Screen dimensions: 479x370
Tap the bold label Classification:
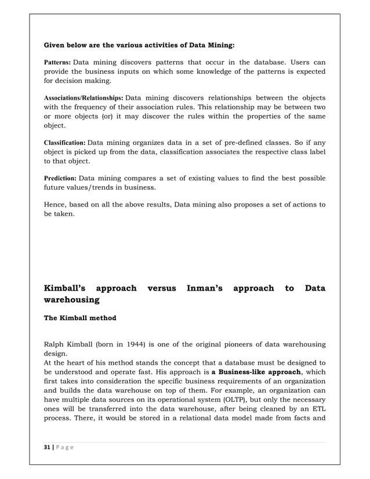tap(65, 143)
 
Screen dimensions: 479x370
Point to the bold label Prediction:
tap(60, 178)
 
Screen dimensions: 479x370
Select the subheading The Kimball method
tap(80, 318)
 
